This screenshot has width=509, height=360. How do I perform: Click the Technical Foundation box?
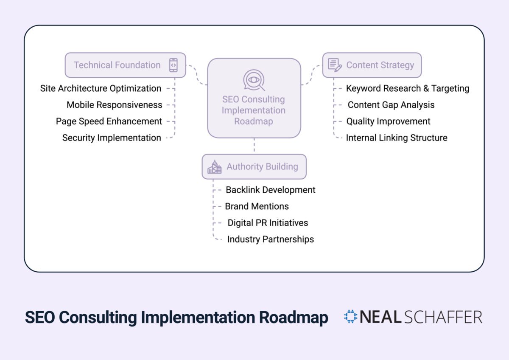125,65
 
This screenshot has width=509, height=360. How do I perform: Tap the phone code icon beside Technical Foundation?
173,65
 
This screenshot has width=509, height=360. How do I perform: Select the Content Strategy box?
372,65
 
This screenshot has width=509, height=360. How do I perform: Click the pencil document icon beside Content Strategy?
335,65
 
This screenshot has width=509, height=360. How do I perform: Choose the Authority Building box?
254,166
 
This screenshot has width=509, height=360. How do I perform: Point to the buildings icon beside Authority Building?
214,167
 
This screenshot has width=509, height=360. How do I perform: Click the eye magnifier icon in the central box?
254,80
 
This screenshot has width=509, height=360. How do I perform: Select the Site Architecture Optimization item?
101,88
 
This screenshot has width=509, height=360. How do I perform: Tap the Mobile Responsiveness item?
114,105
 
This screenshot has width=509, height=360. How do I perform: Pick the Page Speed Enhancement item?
109,121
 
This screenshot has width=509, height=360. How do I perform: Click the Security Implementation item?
112,138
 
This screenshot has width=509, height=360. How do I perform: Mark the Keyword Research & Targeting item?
408,88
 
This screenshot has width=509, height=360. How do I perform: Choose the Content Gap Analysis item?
391,105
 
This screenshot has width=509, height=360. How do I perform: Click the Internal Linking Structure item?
397,138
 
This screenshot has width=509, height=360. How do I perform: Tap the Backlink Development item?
271,190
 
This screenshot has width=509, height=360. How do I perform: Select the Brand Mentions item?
257,206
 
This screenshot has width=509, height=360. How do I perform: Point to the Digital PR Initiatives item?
268,223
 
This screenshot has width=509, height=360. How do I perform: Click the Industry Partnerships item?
271,239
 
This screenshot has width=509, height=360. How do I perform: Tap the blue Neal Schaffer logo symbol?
351,317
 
